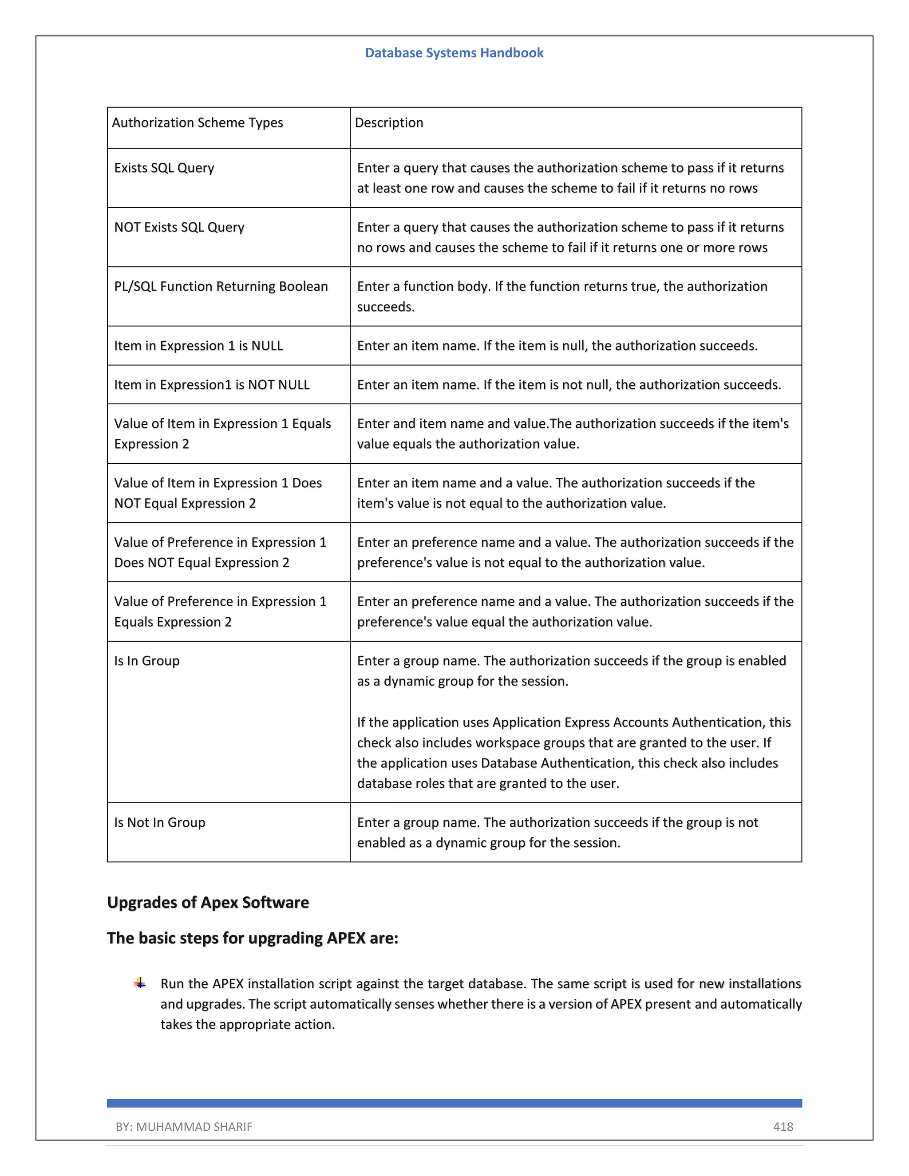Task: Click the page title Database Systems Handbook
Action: tap(454, 53)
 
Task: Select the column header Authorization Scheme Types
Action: tap(197, 123)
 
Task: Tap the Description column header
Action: tap(389, 123)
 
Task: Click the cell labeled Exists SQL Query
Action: tap(164, 168)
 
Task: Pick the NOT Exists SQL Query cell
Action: tap(179, 227)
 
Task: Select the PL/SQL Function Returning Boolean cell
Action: tap(221, 287)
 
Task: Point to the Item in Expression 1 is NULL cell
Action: tap(198, 346)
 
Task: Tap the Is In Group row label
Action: tap(146, 661)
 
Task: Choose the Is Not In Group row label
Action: tap(159, 822)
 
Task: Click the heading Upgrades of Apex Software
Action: tap(208, 903)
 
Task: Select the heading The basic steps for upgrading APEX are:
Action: tap(253, 938)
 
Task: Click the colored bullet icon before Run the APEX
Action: tap(140, 983)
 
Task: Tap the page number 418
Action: tap(783, 1126)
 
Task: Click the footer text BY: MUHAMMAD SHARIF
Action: tap(184, 1126)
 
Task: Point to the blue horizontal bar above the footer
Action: tap(454, 1103)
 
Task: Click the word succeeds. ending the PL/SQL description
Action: tap(386, 307)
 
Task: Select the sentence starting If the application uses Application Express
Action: tap(573, 752)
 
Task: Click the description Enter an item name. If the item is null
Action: tap(557, 346)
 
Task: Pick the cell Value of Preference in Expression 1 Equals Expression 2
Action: tap(220, 612)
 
